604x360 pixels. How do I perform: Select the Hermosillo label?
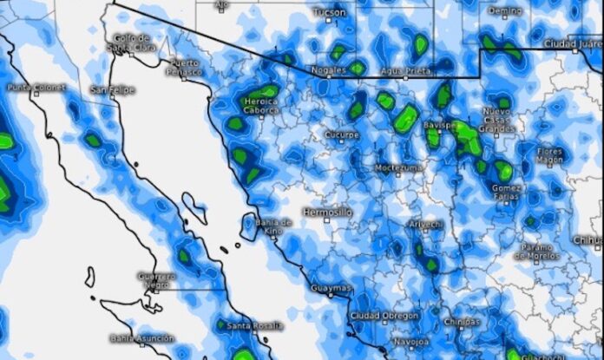[x=327, y=212]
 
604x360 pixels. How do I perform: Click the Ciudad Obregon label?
[x=384, y=316]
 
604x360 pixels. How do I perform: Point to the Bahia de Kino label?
[x=274, y=226]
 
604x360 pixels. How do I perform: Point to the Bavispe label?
[x=441, y=125]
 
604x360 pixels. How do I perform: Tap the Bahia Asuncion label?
[x=141, y=338]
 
